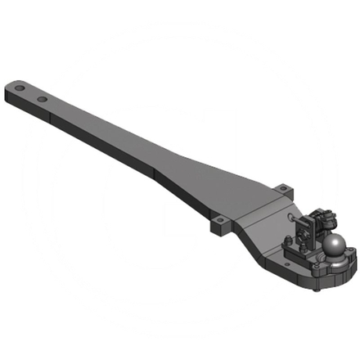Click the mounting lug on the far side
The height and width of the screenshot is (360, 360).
pyautogui.click(x=282, y=190)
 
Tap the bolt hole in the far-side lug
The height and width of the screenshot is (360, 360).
pyautogui.click(x=282, y=187)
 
